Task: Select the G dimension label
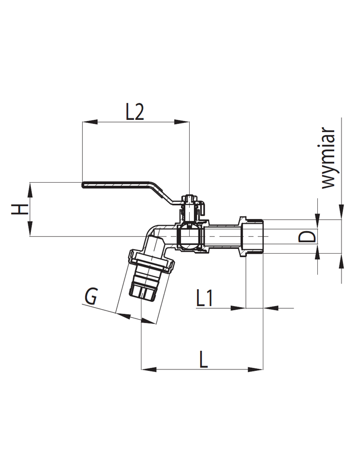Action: pyautogui.click(x=91, y=296)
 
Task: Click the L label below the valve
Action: pyautogui.click(x=204, y=360)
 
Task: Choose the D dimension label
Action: pyautogui.click(x=307, y=237)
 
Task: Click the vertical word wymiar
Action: pyautogui.click(x=329, y=158)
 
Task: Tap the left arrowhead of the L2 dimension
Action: pyautogui.click(x=89, y=121)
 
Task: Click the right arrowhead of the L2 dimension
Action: pyautogui.click(x=182, y=121)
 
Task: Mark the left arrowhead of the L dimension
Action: pyautogui.click(x=149, y=369)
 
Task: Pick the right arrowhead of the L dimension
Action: pyautogui.click(x=255, y=369)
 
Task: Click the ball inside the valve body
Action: pyautogui.click(x=190, y=236)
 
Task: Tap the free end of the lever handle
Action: pyautogui.click(x=83, y=185)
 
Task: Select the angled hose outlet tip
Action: pyautogui.click(x=142, y=292)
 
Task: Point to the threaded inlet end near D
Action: pyautogui.click(x=252, y=236)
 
